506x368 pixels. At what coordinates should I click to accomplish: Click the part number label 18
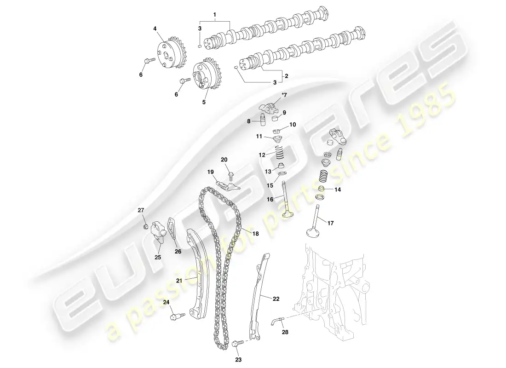[x=256, y=234]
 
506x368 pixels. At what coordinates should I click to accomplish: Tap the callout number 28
[x=285, y=332]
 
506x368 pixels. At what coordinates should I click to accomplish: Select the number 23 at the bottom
[x=238, y=360]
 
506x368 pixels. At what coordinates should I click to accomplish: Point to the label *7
[x=284, y=95]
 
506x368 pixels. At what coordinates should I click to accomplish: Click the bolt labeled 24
[x=178, y=315]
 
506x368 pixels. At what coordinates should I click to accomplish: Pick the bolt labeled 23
[x=238, y=344]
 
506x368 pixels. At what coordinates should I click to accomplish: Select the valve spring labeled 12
[x=280, y=152]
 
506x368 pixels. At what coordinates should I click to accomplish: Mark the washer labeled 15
[x=282, y=175]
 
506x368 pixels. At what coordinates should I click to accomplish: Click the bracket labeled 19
[x=229, y=186]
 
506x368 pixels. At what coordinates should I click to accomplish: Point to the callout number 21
[x=179, y=281]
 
